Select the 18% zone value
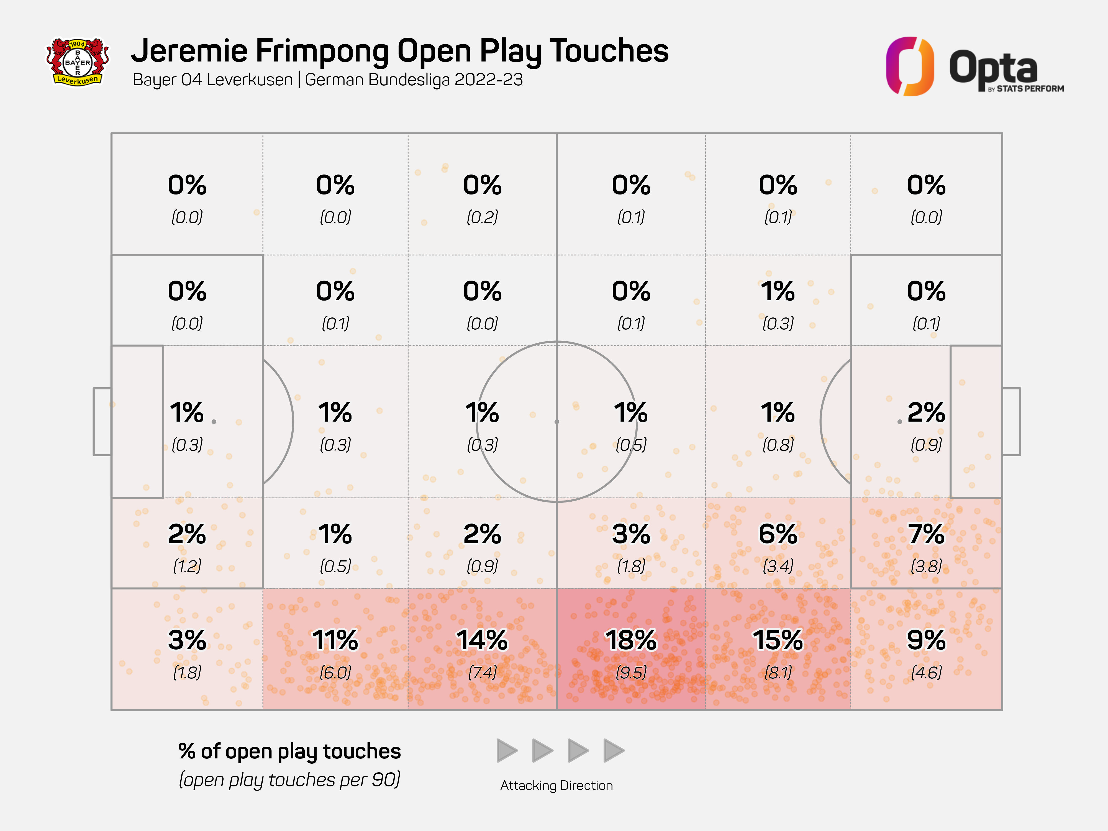631,640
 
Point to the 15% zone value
778,640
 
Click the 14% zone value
482,640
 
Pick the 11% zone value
335,640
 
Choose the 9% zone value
926,640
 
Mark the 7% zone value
926,534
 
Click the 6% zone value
778,534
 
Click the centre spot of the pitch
556,422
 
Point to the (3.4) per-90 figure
778,566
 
